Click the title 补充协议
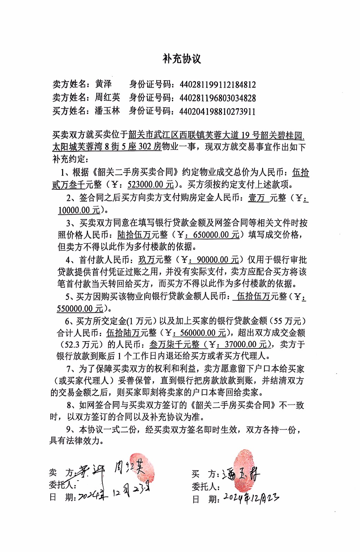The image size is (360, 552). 182,59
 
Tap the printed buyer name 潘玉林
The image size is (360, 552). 108,111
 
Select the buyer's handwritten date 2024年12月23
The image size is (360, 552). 251,498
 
